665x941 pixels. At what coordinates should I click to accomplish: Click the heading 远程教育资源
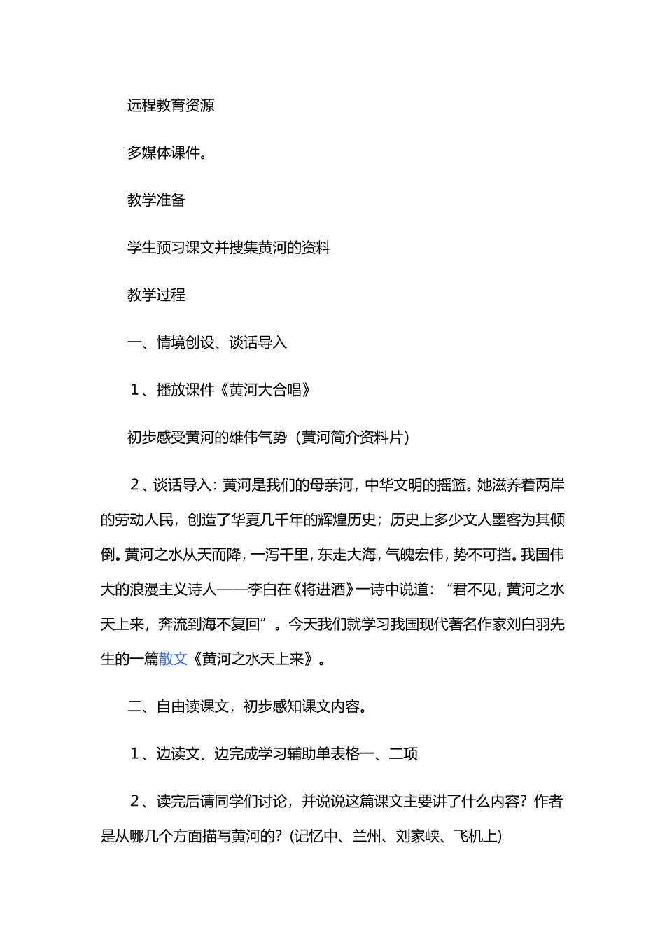pyautogui.click(x=171, y=106)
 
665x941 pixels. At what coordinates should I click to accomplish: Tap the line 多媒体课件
pyautogui.click(x=167, y=153)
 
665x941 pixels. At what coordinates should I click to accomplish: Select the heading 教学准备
pyautogui.click(x=156, y=200)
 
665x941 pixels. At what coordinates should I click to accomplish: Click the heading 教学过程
pyautogui.click(x=156, y=295)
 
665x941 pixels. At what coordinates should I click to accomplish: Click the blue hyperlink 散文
pyautogui.click(x=174, y=659)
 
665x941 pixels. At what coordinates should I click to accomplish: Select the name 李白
pyautogui.click(x=262, y=589)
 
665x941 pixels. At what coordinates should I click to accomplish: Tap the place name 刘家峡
pyautogui.click(x=417, y=836)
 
